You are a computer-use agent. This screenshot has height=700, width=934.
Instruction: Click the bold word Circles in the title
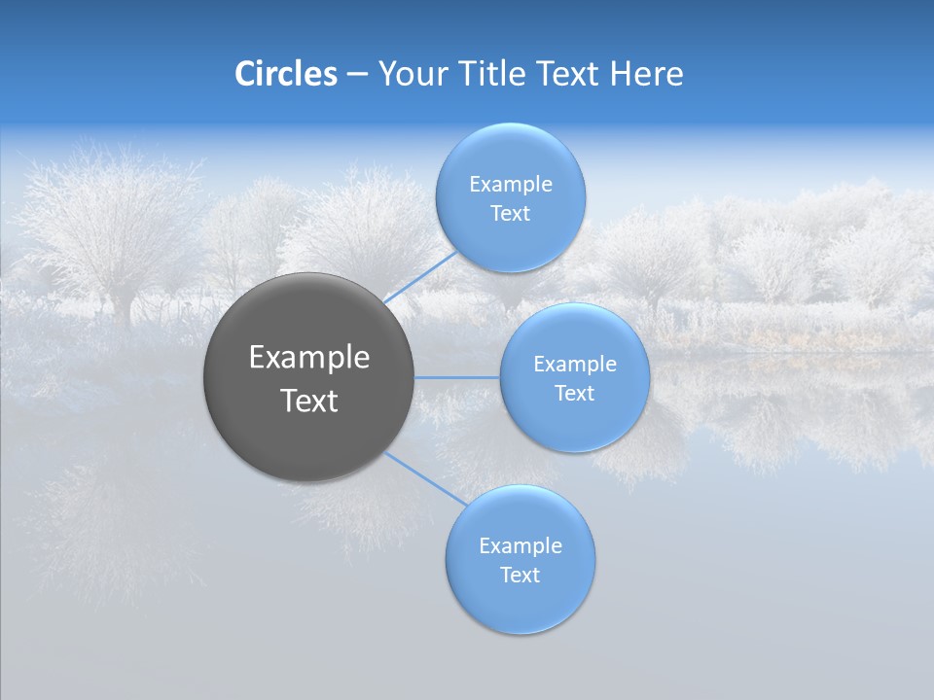[285, 74]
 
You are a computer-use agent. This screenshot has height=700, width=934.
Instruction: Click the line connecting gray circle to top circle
[420, 275]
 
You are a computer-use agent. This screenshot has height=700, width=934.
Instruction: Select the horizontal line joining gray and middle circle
[456, 376]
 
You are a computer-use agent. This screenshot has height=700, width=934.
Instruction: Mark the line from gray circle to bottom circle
[424, 476]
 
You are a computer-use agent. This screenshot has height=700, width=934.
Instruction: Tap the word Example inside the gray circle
[309, 358]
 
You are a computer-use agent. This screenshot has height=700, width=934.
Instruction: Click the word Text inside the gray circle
[309, 401]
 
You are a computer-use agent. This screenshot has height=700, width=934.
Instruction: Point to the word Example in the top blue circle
[511, 185]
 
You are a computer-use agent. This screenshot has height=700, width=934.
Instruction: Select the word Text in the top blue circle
[511, 214]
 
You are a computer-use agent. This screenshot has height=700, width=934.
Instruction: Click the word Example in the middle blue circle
[575, 365]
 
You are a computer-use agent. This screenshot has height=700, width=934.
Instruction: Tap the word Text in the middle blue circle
[575, 394]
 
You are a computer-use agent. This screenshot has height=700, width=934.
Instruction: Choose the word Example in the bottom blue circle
[521, 546]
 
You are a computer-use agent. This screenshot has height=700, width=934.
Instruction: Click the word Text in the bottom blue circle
[521, 576]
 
